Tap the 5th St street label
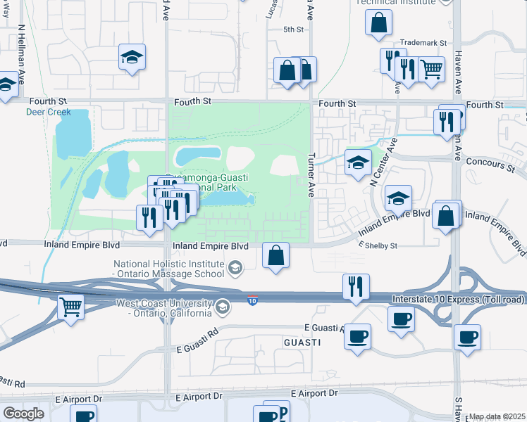pos(293,30)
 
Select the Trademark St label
pos(423,43)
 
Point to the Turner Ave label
pos(311,168)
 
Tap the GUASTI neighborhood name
pos(303,342)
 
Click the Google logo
pos(24,414)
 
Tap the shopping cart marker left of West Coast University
pos(70,307)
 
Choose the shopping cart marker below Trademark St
pos(431,70)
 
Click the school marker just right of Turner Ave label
pos(358,162)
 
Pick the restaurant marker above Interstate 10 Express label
pos(355,286)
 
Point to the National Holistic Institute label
pos(169,268)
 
